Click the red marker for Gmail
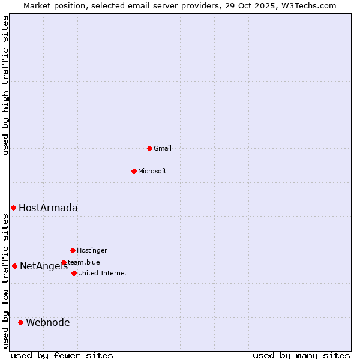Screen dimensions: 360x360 (149, 148)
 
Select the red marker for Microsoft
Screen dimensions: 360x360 (134, 171)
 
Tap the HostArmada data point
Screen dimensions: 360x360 (13, 208)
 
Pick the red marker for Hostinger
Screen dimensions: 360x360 (73, 250)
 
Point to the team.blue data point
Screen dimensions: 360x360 (64, 262)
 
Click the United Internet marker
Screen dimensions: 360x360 (74, 273)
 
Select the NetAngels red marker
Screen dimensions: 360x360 (14, 266)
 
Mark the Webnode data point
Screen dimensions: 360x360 (20, 322)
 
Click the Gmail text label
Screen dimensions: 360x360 (163, 148)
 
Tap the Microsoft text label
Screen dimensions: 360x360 (152, 171)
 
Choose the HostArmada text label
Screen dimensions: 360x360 (48, 208)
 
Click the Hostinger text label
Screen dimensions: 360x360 (92, 250)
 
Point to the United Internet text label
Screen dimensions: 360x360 (103, 273)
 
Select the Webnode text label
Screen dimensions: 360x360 (48, 322)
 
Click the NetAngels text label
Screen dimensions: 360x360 (44, 266)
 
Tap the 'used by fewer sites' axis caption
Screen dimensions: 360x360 (62, 355)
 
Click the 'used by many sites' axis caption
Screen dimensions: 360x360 (301, 355)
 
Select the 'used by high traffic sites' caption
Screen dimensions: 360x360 (5, 85)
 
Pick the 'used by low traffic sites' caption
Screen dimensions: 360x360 (5, 281)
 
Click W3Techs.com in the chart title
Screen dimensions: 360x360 (309, 5)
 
